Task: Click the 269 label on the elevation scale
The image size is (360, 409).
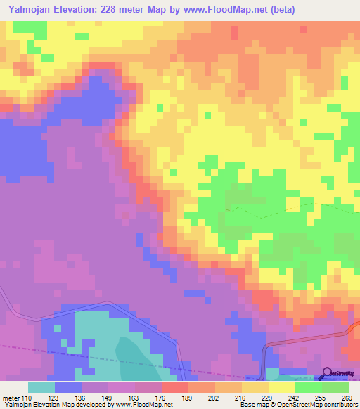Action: click(345, 398)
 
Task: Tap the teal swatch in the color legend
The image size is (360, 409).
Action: click(41, 387)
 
